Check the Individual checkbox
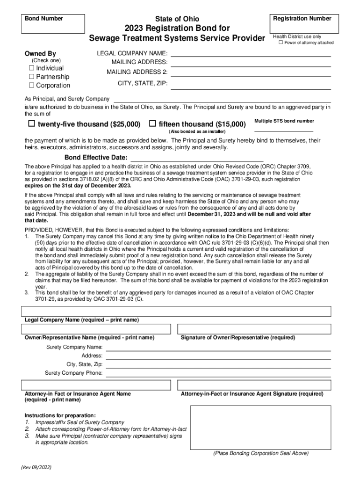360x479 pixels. click(32, 68)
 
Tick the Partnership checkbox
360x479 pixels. click(32, 77)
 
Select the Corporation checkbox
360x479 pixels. click(32, 85)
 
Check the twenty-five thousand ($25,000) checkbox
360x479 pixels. click(31, 124)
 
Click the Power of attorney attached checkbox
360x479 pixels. click(281, 43)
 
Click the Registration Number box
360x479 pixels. click(302, 24)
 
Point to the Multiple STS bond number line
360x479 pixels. click(284, 129)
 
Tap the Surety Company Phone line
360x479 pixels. click(218, 373)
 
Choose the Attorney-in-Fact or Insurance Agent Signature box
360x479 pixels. click(254, 385)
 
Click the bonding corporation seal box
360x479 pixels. click(260, 427)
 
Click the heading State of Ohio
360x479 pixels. click(177, 19)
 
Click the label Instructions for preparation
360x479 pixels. click(60, 415)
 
